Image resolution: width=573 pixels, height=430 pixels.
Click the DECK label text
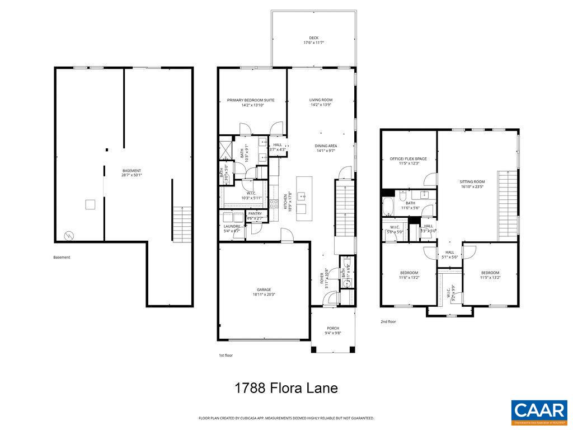[x=314, y=38]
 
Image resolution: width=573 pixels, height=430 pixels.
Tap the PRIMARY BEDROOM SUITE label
[x=250, y=100]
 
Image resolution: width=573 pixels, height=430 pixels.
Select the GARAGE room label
[x=264, y=289]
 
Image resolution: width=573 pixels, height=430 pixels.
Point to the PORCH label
[x=333, y=328]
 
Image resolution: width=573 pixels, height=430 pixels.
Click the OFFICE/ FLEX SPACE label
[x=408, y=159]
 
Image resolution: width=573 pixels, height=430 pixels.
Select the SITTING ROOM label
[x=472, y=182]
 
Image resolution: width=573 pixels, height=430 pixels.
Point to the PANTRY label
[x=255, y=213]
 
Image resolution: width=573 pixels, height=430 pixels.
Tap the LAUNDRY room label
[x=231, y=226]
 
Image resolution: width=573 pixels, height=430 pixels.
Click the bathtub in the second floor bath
[x=388, y=206]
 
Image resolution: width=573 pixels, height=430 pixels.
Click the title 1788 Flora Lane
[x=285, y=387]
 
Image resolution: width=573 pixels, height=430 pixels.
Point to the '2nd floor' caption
[x=388, y=322]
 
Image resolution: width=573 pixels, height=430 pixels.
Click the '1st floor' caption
[x=226, y=356]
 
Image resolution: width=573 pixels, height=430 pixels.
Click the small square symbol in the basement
[x=90, y=204]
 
